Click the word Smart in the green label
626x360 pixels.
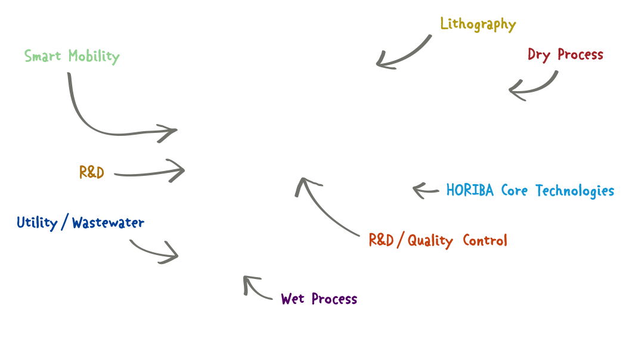coord(44,57)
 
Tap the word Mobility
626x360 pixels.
coord(94,57)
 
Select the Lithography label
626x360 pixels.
coord(478,24)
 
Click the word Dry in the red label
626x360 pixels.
coord(539,55)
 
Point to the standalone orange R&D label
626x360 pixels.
coord(92,173)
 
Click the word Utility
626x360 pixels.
coord(37,224)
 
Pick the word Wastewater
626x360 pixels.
coord(108,224)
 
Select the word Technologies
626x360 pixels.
coord(575,191)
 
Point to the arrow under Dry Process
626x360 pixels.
coord(534,88)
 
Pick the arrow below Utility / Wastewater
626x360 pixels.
coord(155,252)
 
